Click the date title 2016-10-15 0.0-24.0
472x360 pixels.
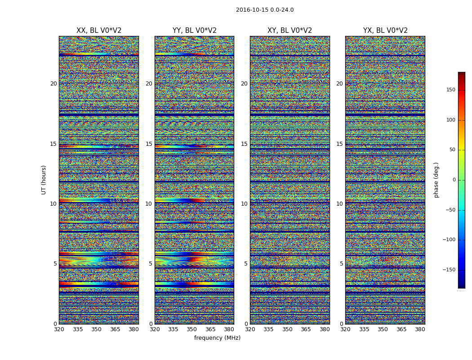[x=265, y=10]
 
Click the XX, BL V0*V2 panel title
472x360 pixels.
[x=99, y=31]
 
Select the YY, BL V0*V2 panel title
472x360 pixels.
[x=194, y=31]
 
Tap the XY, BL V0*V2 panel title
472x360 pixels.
[x=289, y=31]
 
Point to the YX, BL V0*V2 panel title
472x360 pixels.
[x=385, y=31]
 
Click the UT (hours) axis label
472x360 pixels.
[x=44, y=180]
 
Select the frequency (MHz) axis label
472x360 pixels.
[x=217, y=338]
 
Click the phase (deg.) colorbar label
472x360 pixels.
[x=436, y=180]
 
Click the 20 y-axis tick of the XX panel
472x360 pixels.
[x=53, y=84]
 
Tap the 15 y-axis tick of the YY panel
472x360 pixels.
[x=149, y=144]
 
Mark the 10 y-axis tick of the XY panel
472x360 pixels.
[x=244, y=204]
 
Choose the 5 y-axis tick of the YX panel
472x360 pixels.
[x=341, y=264]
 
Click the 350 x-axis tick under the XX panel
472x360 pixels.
[x=97, y=329]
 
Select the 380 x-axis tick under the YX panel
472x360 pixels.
[x=420, y=329]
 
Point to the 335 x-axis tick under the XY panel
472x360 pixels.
[x=268, y=329]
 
